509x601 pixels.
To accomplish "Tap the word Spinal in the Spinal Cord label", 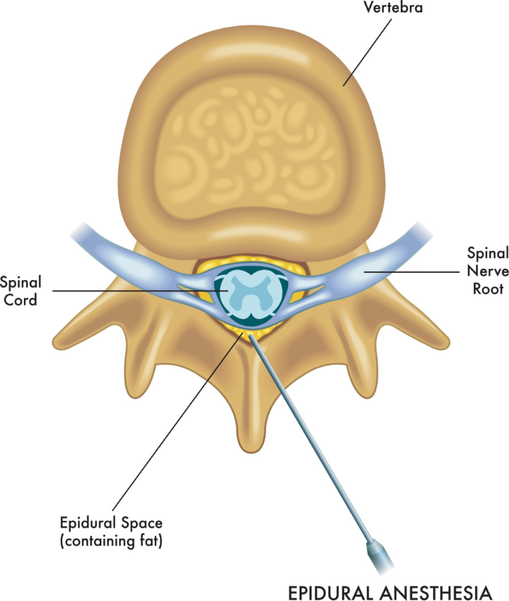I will [x=19, y=283].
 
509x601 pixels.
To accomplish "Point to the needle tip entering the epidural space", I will [x=252, y=338].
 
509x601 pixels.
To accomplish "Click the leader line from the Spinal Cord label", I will [x=133, y=291].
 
